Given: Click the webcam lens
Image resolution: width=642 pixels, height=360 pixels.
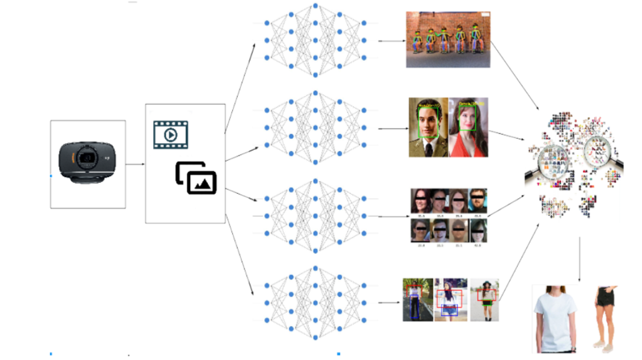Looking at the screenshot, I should pyautogui.click(x=88, y=158).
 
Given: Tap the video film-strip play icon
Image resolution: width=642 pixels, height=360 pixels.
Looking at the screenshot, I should pyautogui.click(x=171, y=135).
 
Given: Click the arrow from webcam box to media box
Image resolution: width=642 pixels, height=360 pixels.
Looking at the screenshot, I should pyautogui.click(x=135, y=165).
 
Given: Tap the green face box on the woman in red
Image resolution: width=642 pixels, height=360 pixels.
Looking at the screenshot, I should pyautogui.click(x=468, y=119).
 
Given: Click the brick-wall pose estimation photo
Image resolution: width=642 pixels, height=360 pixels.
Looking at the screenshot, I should pyautogui.click(x=447, y=39).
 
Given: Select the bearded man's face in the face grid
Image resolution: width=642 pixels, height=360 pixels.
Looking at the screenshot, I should pyautogui.click(x=478, y=201).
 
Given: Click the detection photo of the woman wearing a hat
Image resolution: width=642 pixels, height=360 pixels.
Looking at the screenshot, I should pyautogui.click(x=484, y=300).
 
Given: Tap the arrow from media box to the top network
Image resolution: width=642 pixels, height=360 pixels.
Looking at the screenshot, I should pyautogui.click(x=240, y=88).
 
